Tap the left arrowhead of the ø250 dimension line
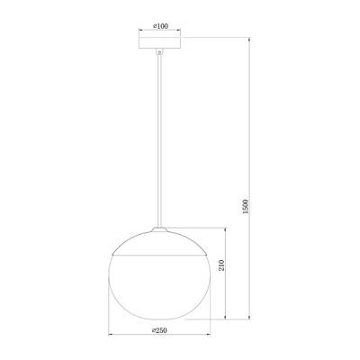(111, 337)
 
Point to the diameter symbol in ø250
(154, 330)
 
